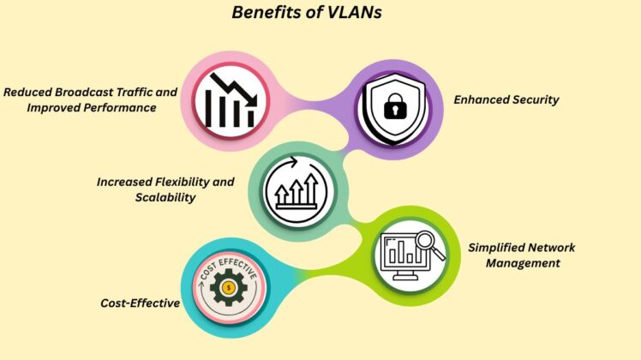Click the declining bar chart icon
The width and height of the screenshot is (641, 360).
point(225,100)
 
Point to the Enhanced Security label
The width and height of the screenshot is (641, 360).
point(506,99)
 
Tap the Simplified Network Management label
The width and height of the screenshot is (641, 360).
point(522,255)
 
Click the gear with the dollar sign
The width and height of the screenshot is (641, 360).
point(227,288)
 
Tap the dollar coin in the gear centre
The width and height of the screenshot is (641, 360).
point(227,288)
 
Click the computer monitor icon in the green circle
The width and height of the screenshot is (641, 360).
point(407,255)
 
